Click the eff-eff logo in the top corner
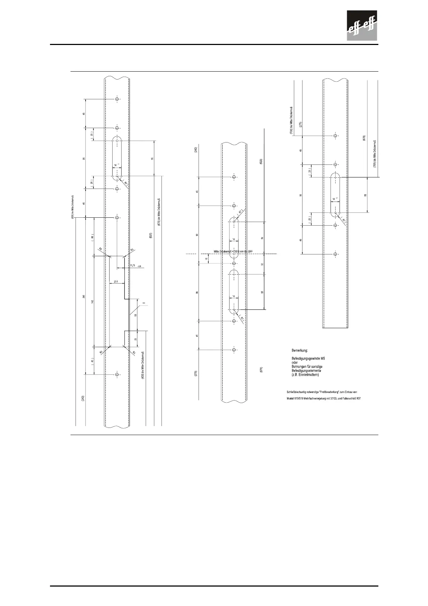point(362,26)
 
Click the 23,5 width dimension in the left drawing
point(116,281)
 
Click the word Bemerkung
point(299,350)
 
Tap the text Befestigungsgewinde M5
point(308,358)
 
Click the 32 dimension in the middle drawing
point(262,264)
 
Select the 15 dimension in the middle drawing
point(206,259)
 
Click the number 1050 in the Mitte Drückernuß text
point(238,251)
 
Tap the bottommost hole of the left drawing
point(117,375)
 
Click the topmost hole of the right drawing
point(335,136)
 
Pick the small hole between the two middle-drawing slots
point(234,263)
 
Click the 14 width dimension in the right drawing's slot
point(334,199)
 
